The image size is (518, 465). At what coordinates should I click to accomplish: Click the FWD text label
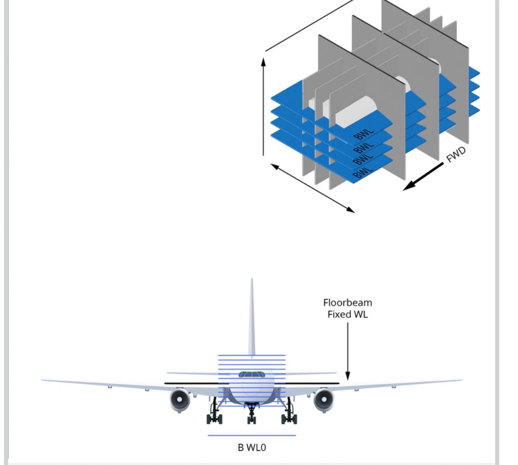click(456, 155)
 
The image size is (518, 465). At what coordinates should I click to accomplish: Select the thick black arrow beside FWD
click(423, 177)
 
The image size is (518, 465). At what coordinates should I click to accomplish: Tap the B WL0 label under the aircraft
click(252, 447)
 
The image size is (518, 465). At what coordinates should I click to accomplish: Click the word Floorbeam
click(348, 303)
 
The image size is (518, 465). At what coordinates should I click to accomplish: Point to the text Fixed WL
click(348, 314)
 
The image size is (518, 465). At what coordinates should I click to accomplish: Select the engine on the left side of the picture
click(179, 399)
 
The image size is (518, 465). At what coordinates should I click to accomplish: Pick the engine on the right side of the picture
click(323, 399)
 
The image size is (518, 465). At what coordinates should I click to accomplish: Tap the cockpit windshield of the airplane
click(252, 375)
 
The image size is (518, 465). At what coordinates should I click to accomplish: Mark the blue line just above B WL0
click(252, 435)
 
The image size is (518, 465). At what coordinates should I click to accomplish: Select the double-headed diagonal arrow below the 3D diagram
click(313, 188)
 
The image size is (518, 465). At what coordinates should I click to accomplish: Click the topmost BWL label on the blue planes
click(364, 133)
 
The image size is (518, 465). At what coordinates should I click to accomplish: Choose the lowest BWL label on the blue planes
click(362, 172)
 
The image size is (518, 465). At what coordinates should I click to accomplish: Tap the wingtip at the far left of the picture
click(43, 380)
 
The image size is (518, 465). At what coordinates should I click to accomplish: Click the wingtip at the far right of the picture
click(461, 380)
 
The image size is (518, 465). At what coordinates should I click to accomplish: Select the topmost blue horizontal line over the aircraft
click(252, 355)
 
